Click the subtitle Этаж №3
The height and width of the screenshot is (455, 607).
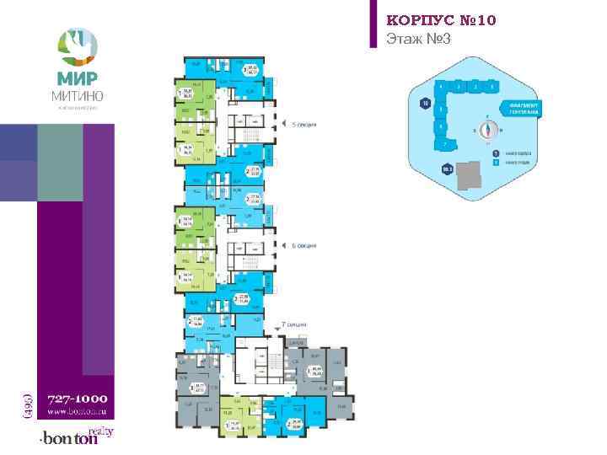coord(416,39)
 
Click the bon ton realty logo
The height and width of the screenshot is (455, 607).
coord(76,437)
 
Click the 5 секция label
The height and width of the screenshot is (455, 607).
coord(303,125)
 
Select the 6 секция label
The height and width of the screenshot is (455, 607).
coord(303,245)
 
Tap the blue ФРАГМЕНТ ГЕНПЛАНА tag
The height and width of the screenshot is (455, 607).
coord(524,108)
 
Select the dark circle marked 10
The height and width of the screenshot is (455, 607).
coord(424,103)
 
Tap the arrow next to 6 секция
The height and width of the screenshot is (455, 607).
coord(285,245)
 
